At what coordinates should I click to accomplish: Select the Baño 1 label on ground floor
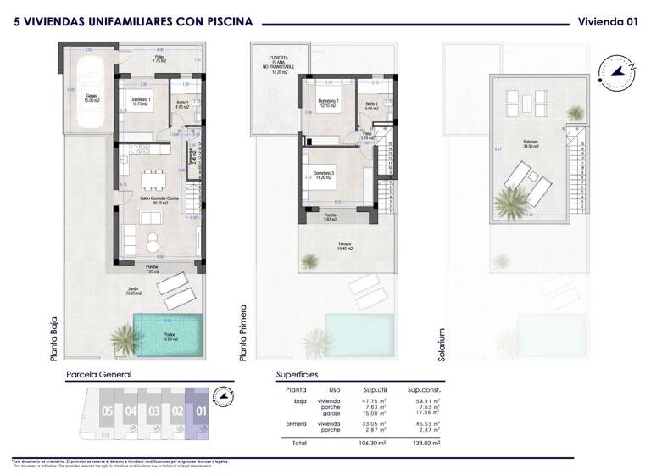point(181,103)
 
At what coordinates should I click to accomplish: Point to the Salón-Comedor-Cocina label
point(153,201)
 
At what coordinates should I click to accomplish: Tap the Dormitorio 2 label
point(328,103)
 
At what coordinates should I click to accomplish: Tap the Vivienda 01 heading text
point(607,22)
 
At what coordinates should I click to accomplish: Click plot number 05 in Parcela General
point(107,411)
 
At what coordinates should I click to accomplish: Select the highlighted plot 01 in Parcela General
point(201,411)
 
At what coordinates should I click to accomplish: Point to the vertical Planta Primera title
point(243,332)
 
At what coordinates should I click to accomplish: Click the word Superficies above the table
point(298,373)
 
